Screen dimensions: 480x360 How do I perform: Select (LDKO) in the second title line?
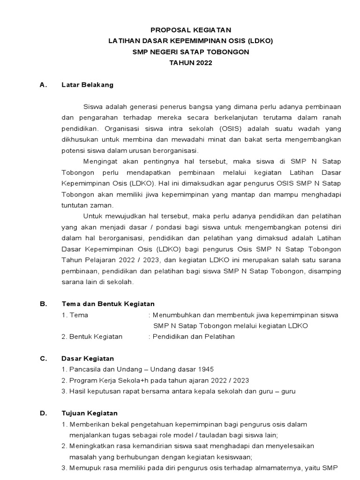coord(259,41)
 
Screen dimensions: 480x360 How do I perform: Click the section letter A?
coord(43,85)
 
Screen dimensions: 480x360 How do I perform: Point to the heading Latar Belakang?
coord(88,85)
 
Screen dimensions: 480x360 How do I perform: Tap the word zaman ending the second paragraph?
coord(102,205)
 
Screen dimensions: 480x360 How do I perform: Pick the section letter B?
coord(43,304)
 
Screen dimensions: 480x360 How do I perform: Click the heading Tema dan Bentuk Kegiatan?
coord(108,304)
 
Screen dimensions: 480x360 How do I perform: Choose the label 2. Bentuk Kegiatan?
coord(92,337)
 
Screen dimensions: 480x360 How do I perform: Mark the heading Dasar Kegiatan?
coord(88,359)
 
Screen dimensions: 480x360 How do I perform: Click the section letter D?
coord(43,413)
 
